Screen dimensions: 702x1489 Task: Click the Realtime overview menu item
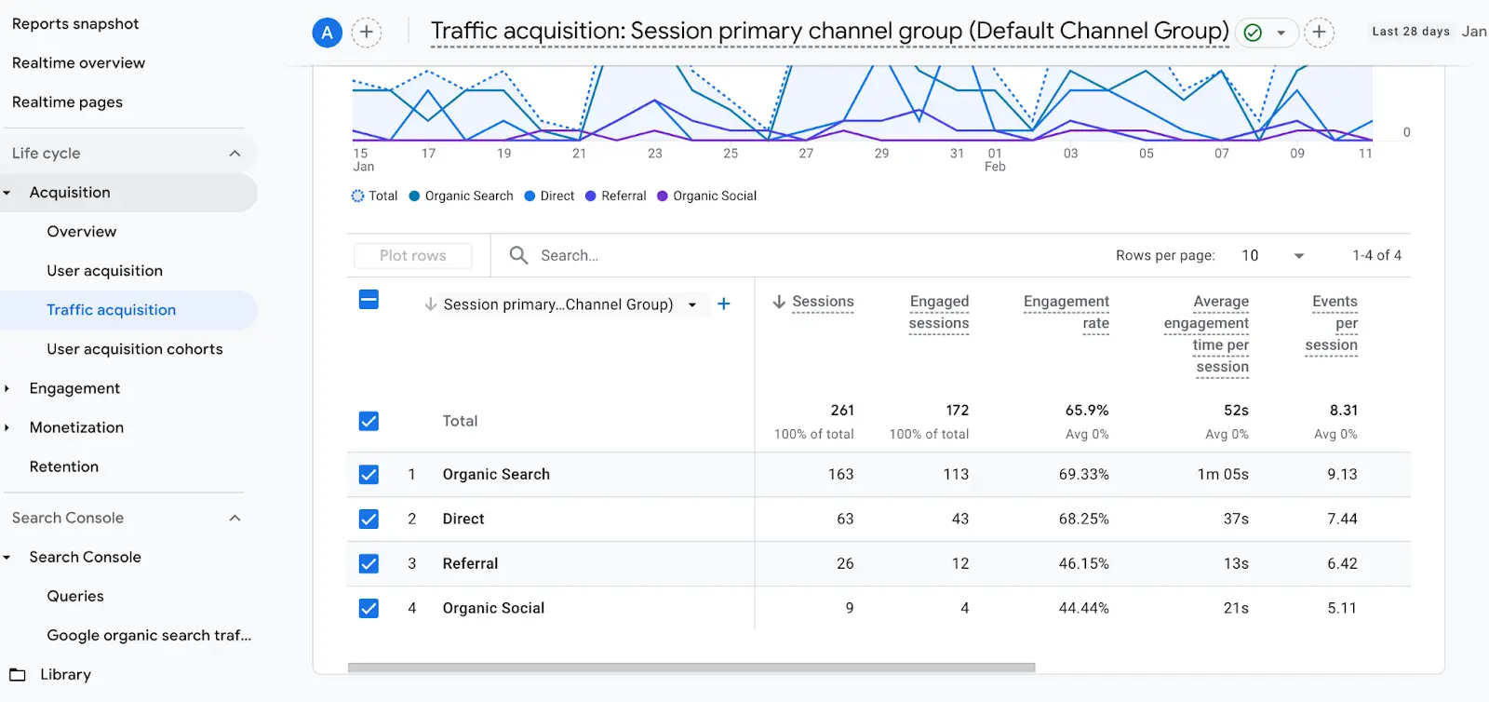point(78,63)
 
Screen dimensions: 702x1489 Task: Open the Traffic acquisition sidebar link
point(111,310)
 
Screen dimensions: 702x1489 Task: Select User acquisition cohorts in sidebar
point(134,349)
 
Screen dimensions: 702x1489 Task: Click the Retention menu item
point(63,466)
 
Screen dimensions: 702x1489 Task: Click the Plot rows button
point(412,256)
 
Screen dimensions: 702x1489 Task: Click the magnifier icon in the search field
point(519,255)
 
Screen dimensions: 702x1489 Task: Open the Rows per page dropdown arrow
point(1298,256)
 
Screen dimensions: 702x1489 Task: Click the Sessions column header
point(822,302)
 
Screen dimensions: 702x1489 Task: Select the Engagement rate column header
point(1066,312)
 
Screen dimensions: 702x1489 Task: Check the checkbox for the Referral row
point(369,563)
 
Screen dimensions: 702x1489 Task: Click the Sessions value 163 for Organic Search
point(840,475)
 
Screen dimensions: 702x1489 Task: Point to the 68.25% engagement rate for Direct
point(1083,520)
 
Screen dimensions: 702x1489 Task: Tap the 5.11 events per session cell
point(1342,609)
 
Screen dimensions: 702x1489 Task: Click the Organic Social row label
point(493,609)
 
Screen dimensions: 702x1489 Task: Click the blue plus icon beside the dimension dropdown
point(724,304)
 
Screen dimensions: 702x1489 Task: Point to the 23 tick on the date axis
point(655,154)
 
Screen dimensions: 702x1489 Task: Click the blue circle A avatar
point(327,34)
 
